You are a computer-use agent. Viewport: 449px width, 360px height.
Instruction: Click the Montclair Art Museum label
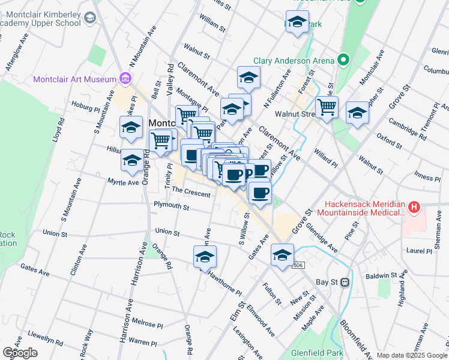[x=74, y=79]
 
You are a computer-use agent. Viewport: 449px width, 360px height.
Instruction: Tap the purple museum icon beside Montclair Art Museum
[x=125, y=78]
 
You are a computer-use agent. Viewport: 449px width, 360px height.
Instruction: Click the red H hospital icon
[x=413, y=208]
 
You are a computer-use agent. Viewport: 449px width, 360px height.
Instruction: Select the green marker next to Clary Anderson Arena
[x=343, y=60]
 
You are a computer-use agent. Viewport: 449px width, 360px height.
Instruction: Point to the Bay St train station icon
[x=345, y=281]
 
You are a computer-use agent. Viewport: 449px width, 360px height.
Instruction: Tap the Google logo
[x=20, y=353]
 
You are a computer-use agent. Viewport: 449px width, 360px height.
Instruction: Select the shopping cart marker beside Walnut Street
[x=327, y=108]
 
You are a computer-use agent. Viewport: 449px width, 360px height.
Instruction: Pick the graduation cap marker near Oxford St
[x=358, y=114]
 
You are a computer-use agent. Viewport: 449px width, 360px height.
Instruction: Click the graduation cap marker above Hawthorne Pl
[x=205, y=257]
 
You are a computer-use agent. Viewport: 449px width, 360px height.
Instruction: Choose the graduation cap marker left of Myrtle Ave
[x=131, y=161]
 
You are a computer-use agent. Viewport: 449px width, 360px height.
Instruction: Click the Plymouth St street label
[x=171, y=208]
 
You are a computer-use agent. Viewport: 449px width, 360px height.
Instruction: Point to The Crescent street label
[x=191, y=194]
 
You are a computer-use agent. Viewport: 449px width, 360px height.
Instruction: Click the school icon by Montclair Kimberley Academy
[x=89, y=19]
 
